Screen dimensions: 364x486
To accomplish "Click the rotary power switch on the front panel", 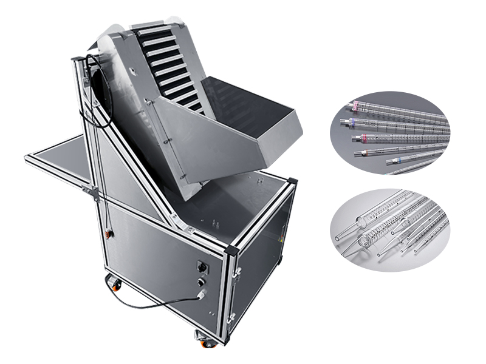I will coord(200,265).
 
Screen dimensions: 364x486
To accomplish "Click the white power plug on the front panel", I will coord(200,295).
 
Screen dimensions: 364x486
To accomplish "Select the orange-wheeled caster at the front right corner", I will coord(208,340).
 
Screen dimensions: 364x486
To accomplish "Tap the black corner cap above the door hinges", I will coord(231,249).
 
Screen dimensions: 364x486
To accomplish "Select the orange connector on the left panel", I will coord(109,232).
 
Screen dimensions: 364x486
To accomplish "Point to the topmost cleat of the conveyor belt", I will coord(148,27).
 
